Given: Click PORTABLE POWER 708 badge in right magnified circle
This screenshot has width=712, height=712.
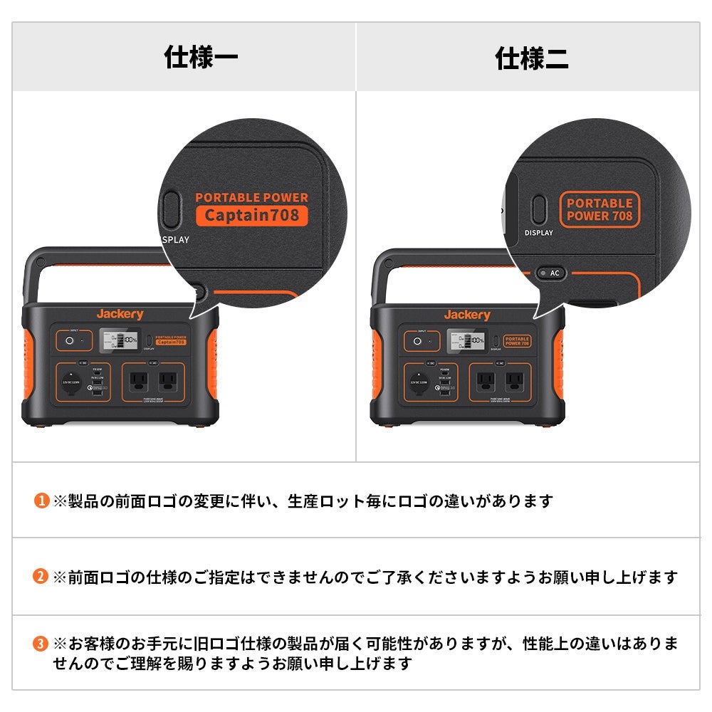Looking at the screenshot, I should tap(600, 209).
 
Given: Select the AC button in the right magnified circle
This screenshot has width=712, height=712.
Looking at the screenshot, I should tap(550, 273).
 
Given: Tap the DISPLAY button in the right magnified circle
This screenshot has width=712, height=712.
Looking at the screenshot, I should tap(539, 210).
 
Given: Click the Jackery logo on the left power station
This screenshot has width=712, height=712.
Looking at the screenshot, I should tap(120, 314).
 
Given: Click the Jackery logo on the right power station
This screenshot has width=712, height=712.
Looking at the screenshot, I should tap(467, 315).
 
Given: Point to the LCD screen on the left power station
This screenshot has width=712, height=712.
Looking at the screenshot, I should tap(118, 341).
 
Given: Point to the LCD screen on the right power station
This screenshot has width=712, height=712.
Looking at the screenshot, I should tap(466, 341).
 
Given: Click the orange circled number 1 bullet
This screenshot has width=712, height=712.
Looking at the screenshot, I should tap(41, 501).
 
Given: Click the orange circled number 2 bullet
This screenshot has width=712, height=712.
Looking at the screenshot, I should tap(41, 577).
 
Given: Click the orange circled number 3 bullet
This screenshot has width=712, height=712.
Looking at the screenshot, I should tap(41, 644).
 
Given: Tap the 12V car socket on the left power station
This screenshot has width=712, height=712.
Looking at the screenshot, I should tap(70, 382).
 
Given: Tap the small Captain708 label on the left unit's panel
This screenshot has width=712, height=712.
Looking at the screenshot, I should tap(171, 342).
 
